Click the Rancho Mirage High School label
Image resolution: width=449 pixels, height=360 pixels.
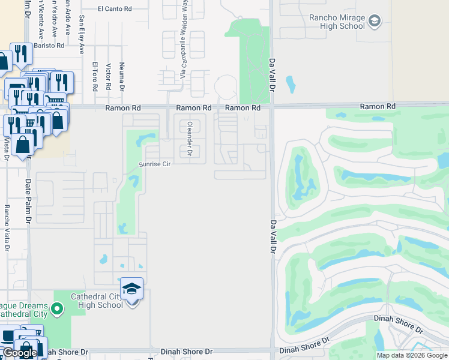[336, 22]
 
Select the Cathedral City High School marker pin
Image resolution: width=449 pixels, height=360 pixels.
[131, 290]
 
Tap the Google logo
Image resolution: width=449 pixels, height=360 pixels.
[19, 353]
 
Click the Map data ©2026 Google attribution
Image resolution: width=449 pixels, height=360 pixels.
[411, 355]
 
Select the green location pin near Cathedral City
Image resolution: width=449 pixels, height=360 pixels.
[57, 309]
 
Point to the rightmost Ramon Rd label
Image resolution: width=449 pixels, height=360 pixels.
[378, 106]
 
